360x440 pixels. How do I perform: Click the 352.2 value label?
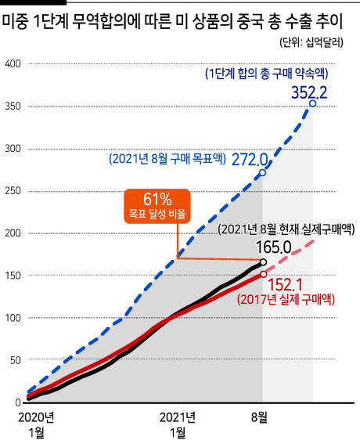pos(309,92)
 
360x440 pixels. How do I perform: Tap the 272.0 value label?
pos(250,160)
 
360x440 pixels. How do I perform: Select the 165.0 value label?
pos(274,247)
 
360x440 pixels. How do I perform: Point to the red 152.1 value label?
pos(286,285)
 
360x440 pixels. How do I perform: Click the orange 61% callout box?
pos(157,206)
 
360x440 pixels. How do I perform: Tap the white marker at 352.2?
pos(312,103)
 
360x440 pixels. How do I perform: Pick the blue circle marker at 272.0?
pos(263,172)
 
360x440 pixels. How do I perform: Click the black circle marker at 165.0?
pos(263,262)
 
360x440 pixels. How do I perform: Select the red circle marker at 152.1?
pos(263,274)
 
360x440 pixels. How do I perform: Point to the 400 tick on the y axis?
pos(13,63)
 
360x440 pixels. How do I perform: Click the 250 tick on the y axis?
pos(13,191)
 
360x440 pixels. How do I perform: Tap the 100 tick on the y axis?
pos(13,318)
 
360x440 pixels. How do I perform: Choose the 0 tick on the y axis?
pos(18,402)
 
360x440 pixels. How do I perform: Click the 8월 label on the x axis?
pos(259,417)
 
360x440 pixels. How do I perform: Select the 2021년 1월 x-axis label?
pos(178,425)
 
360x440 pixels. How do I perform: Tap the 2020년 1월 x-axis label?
pos(36,425)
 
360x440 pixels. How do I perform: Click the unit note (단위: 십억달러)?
pos(311,42)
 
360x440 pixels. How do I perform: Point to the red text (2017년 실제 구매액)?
pos(286,300)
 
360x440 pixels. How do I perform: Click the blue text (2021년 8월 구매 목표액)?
pos(167,159)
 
